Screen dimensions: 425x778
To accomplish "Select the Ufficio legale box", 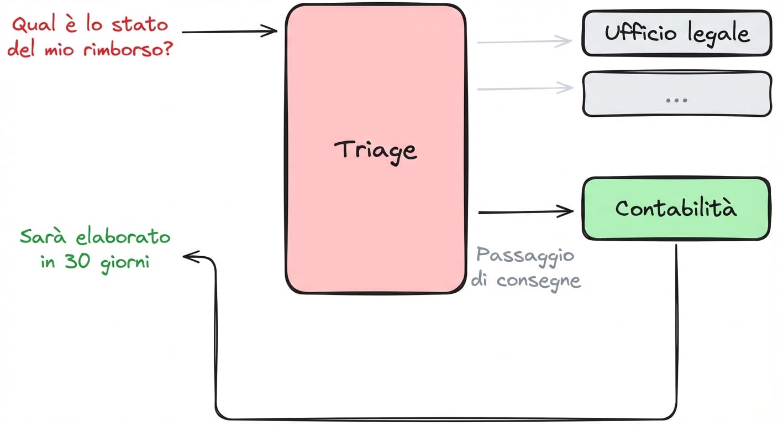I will click(676, 33).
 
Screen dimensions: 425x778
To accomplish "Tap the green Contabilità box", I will click(676, 209).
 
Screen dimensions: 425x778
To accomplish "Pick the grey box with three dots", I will click(676, 94).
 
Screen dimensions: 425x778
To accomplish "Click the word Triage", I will click(376, 151).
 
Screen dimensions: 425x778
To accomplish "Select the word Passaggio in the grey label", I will click(525, 256).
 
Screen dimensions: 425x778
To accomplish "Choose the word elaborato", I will click(123, 237).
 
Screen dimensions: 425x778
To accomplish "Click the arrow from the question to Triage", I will click(229, 32).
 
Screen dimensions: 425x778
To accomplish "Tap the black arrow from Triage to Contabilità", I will click(525, 211).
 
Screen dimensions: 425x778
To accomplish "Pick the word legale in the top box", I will click(718, 34).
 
